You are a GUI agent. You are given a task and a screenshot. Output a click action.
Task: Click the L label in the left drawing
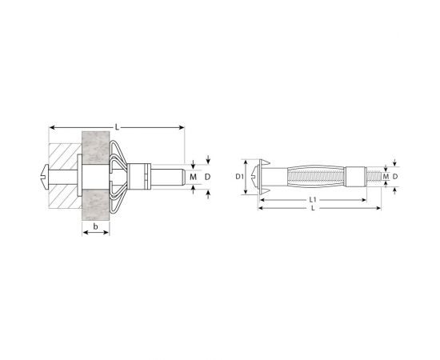(x=117, y=127)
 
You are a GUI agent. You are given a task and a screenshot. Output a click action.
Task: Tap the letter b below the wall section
(x=96, y=226)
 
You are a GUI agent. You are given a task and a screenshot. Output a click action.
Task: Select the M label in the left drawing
(x=193, y=177)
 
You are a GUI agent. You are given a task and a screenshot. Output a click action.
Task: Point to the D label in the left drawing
(x=207, y=177)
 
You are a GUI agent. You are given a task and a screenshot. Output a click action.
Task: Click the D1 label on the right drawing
(x=239, y=177)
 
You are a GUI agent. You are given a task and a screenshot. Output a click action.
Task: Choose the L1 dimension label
(x=313, y=200)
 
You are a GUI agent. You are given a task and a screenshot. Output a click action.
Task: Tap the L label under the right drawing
(x=313, y=208)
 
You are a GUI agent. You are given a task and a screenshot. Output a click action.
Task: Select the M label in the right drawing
(x=386, y=177)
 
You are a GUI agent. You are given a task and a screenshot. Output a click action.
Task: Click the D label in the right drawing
(x=395, y=177)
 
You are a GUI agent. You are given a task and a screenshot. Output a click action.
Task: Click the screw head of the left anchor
(x=45, y=177)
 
